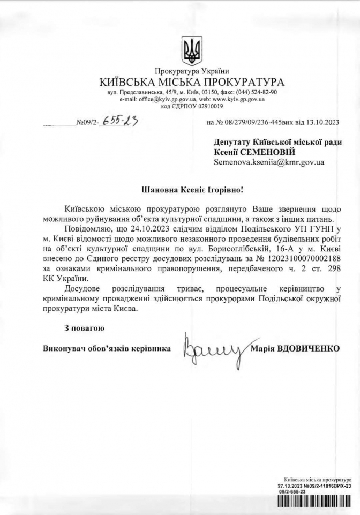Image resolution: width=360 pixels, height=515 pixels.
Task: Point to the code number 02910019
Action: click(x=207, y=106)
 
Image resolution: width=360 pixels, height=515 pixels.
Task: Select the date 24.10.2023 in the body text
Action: click(x=148, y=229)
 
